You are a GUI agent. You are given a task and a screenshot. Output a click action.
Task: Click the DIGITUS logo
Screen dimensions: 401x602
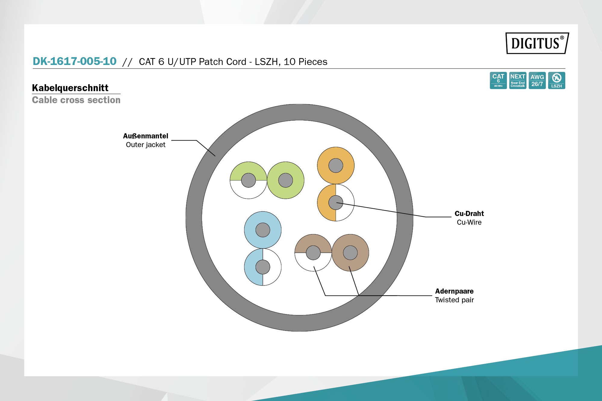[x=537, y=43]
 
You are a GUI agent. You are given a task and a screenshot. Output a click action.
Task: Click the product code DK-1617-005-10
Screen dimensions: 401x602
[x=74, y=61]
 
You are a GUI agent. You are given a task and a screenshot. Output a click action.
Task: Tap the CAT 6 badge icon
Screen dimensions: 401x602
[x=498, y=80]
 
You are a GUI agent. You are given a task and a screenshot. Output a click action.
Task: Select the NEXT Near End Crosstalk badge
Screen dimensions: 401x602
[x=518, y=80]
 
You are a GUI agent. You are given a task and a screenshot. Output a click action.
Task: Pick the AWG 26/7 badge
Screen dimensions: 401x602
[x=537, y=80]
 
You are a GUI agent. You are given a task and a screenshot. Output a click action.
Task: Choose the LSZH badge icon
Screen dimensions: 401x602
[x=557, y=80]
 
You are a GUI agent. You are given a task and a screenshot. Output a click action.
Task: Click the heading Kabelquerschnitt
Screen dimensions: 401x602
[x=70, y=88]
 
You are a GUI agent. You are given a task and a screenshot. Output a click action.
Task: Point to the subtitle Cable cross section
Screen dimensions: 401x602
[x=76, y=100]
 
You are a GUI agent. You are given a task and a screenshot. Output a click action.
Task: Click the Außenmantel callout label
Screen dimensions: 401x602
[x=146, y=136]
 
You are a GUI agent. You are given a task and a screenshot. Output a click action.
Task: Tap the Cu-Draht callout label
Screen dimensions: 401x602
[x=469, y=214]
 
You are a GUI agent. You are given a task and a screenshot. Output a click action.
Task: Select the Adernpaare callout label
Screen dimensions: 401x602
[x=454, y=291]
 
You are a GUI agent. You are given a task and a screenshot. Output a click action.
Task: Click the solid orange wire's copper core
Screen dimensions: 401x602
[x=336, y=165]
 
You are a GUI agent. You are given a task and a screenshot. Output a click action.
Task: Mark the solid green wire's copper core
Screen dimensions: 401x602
[x=285, y=180]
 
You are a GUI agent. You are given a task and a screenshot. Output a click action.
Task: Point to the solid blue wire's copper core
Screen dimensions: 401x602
[x=263, y=230]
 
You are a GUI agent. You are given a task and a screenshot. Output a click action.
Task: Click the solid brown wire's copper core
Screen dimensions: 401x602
[x=350, y=253]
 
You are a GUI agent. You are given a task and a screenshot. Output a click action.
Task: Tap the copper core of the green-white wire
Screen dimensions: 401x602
[x=249, y=180]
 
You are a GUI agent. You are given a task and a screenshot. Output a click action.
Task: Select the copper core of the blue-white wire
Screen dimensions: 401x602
[x=263, y=267]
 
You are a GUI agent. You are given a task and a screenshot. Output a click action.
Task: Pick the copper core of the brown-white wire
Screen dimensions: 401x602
[x=313, y=253]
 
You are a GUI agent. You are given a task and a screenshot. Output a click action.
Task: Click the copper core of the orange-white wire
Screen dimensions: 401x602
[x=336, y=202]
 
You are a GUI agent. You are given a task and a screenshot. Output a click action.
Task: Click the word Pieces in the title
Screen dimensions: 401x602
[x=313, y=62]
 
